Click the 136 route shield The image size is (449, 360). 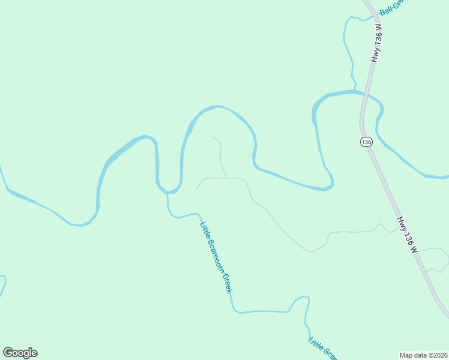coord(367,142)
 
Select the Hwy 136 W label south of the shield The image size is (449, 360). coord(406,234)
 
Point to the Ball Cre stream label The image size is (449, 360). coord(393,8)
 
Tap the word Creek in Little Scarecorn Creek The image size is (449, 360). coord(228,284)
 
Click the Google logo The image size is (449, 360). coord(20,353)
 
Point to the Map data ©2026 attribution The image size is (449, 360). coord(423,355)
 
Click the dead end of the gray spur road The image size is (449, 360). coord(211,137)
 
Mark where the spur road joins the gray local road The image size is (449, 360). coord(226,178)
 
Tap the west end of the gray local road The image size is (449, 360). coord(196,190)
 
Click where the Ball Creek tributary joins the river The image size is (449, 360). coord(354,91)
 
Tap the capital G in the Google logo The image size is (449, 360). coord(8,353)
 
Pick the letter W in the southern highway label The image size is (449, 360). coord(413,247)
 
